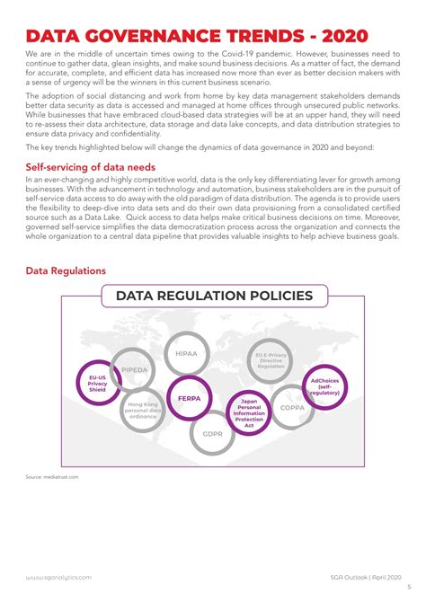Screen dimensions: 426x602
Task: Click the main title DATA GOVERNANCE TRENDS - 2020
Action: tap(197, 35)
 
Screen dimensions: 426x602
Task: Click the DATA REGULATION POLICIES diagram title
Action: tap(214, 296)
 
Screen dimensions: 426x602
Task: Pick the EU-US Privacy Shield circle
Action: tap(97, 385)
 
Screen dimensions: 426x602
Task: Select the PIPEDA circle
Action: tap(135, 368)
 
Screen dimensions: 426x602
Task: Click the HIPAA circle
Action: tap(186, 354)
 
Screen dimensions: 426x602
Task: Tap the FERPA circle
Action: tap(189, 398)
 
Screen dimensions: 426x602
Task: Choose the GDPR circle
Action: tap(213, 433)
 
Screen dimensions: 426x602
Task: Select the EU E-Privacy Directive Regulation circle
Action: tap(271, 361)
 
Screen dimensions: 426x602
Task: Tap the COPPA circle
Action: tap(291, 407)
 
